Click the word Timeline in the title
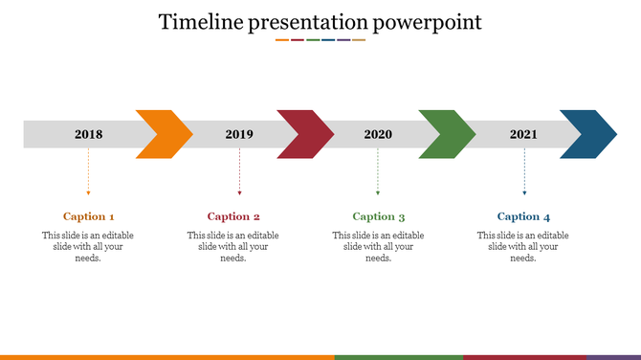pyautogui.click(x=198, y=21)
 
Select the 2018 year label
pyautogui.click(x=88, y=134)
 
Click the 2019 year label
pyautogui.click(x=239, y=134)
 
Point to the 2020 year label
pyautogui.click(x=378, y=134)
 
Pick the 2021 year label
pyautogui.click(x=523, y=134)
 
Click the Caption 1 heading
pyautogui.click(x=89, y=216)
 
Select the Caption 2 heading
pyautogui.click(x=233, y=216)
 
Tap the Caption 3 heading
pyautogui.click(x=379, y=216)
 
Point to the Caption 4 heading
pyautogui.click(x=523, y=216)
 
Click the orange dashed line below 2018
pyautogui.click(x=88, y=177)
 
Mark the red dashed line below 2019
pyautogui.click(x=239, y=177)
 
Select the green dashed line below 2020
pyautogui.click(x=378, y=177)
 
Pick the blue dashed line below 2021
pyautogui.click(x=523, y=177)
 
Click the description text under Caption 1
pyautogui.click(x=88, y=246)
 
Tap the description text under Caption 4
pyautogui.click(x=523, y=246)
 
